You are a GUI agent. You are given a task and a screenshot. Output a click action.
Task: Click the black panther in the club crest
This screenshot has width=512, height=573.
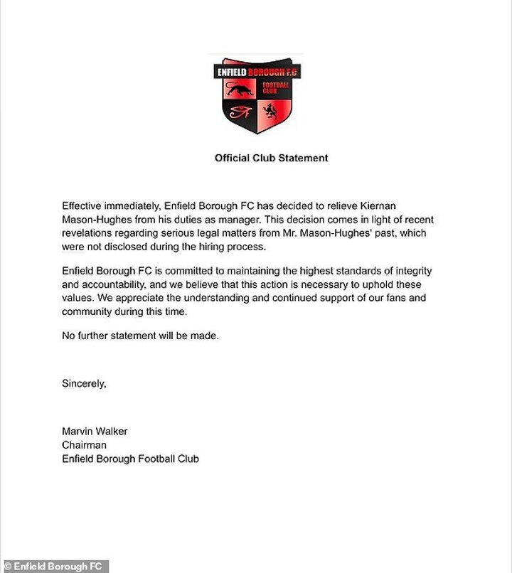[240, 90]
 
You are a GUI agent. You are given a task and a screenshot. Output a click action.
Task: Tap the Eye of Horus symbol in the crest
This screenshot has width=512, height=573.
[239, 112]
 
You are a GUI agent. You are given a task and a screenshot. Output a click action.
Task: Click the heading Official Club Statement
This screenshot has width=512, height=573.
[272, 158]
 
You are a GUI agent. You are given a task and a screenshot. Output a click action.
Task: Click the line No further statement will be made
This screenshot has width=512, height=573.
[140, 336]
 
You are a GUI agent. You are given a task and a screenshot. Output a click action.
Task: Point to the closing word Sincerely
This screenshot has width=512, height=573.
[84, 383]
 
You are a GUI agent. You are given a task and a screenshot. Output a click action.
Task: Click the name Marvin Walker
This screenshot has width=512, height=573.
[95, 432]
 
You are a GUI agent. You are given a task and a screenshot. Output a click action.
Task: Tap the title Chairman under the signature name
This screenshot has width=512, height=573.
[84, 445]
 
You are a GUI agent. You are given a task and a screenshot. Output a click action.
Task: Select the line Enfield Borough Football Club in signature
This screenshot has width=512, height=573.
[130, 459]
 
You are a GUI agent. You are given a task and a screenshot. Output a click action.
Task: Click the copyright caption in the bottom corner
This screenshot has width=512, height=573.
[54, 567]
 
